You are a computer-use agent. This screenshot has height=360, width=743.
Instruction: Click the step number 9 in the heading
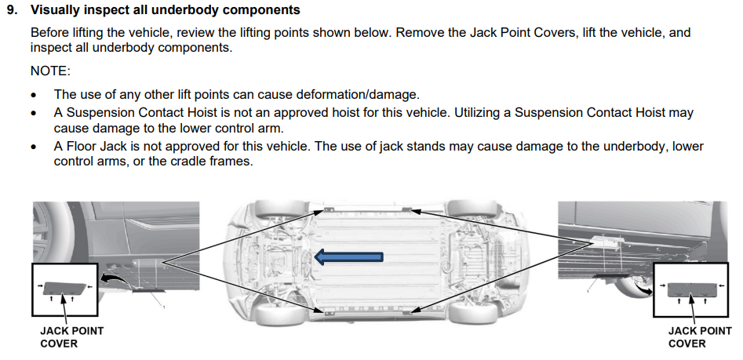pos(10,11)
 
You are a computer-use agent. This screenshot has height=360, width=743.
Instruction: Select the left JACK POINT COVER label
pos(71,337)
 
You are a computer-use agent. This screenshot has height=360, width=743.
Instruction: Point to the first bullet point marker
pos(34,95)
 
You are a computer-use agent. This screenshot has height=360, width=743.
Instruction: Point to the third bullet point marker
pos(34,147)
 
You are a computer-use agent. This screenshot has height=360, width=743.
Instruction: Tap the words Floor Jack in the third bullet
pos(99,147)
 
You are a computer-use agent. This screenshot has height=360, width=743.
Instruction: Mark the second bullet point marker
pos(34,112)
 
